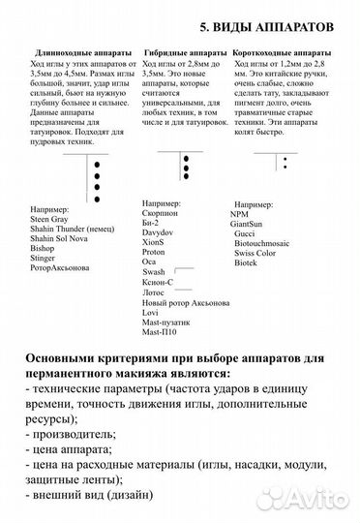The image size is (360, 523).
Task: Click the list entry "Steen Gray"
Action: (51, 219)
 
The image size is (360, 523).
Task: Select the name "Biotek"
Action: (248, 263)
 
